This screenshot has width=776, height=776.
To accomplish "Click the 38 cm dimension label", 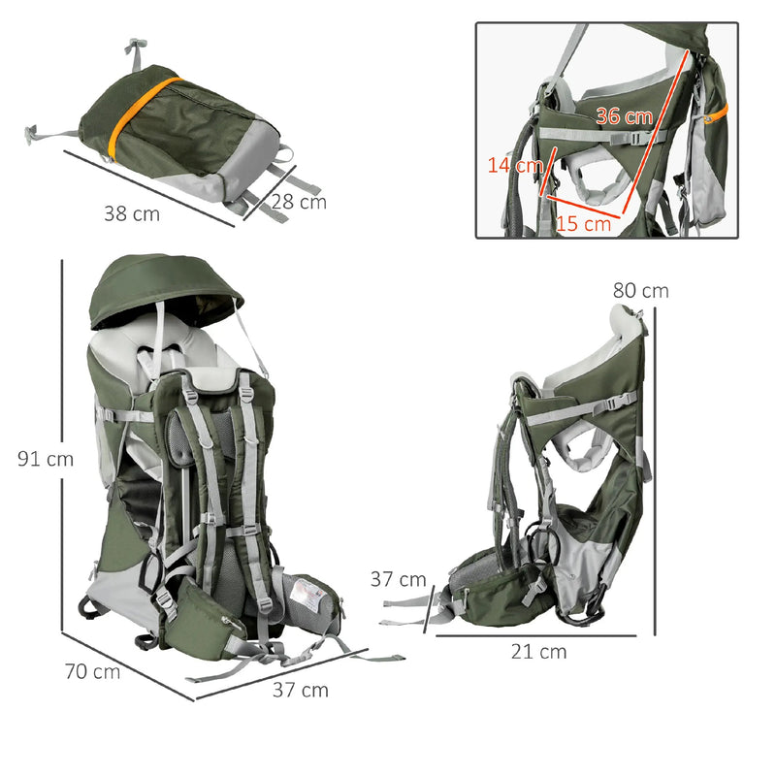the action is coord(132,213).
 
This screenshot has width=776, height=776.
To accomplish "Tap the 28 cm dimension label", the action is coord(299,202).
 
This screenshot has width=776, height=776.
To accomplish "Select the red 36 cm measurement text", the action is coord(625,115).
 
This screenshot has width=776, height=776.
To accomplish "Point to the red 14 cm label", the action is coord(515,165).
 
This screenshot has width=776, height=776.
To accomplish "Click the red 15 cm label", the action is coord(584,224).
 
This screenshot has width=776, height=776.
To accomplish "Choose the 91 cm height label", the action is coord(46,459).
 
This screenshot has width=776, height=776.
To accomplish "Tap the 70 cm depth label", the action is coord(92,671).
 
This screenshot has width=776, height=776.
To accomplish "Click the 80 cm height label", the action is coord(641,290).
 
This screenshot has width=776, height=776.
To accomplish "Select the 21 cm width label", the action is coord(539,652).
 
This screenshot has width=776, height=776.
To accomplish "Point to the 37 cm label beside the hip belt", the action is coord(399,579).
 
